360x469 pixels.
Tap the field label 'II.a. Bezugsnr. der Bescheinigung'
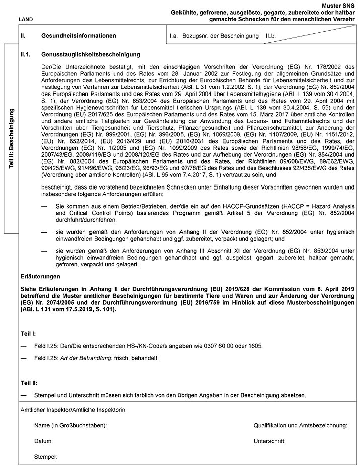[x=214, y=36]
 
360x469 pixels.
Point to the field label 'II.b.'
[x=272, y=36]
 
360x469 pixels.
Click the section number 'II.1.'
[x=25, y=54]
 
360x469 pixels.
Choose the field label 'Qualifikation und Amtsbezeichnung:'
[x=301, y=426]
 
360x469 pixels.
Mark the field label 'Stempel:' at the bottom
[x=45, y=457]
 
